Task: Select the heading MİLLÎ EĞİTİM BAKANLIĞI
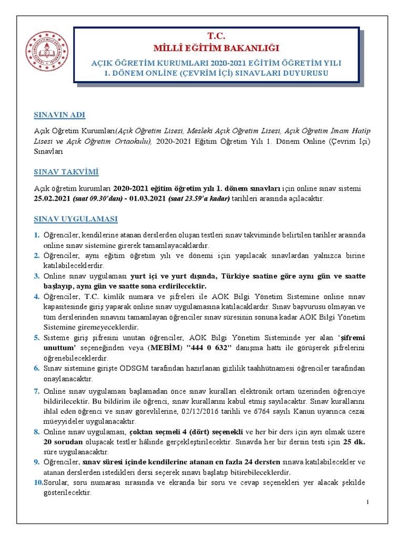pos(216,49)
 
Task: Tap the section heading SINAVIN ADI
pos(59,115)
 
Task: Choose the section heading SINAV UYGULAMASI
pos(76,218)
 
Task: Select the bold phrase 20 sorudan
pos(63,442)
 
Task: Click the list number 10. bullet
pos(38,483)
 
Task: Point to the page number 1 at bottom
pos(368,502)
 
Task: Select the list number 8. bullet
pos(37,432)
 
